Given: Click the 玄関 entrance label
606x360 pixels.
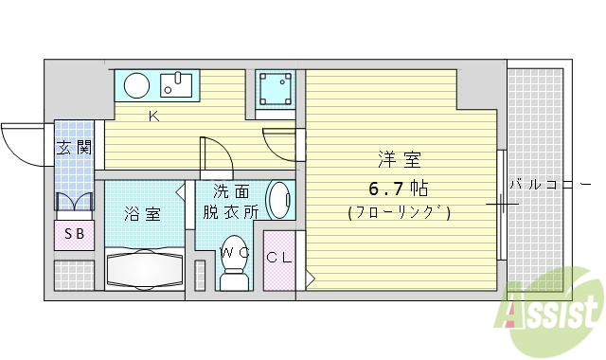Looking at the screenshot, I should (x=73, y=148).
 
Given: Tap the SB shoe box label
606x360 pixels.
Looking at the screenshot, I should (x=73, y=234).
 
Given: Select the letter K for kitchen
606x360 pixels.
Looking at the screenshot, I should (x=152, y=117).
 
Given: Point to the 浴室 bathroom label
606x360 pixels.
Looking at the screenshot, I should (x=142, y=213).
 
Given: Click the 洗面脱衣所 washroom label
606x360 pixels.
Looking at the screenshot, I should (x=229, y=201).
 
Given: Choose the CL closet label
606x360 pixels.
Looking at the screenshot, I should (x=279, y=258).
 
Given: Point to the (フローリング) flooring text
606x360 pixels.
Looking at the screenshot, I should (x=399, y=212).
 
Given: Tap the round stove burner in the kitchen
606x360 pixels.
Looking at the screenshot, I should (x=136, y=85).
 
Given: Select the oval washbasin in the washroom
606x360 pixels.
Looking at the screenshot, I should (x=280, y=200).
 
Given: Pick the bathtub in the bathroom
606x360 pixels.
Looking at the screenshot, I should (x=143, y=269).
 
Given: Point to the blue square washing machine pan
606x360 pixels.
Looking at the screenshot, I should (x=277, y=89).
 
